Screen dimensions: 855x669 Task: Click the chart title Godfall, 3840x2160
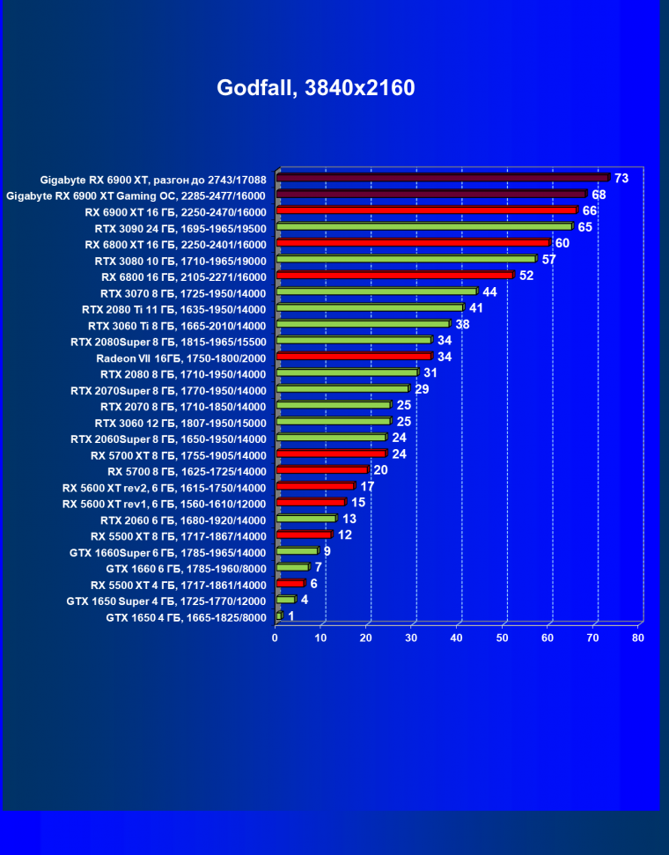pos(315,88)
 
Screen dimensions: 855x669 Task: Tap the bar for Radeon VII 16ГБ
pos(354,357)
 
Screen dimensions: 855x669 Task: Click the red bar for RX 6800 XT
pos(413,243)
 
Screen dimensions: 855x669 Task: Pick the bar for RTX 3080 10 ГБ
pos(406,259)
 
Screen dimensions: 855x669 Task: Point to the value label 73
pos(621,179)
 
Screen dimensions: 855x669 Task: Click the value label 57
pos(549,260)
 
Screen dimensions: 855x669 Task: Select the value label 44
pos(490,291)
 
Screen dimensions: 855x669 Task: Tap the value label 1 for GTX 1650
pos(291,616)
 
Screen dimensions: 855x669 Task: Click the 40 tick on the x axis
pos(457,638)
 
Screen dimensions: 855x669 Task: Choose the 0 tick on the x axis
pos(276,638)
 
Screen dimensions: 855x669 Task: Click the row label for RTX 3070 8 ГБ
pos(183,292)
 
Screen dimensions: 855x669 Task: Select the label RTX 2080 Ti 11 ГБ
pos(173,309)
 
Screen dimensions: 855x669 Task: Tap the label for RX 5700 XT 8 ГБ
pos(178,455)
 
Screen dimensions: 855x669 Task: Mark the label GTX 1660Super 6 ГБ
pos(167,553)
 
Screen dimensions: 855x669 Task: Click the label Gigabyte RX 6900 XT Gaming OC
pos(136,195)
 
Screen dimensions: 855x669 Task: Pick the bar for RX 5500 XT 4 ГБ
pos(290,584)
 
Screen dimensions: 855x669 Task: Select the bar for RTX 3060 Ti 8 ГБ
pos(363,324)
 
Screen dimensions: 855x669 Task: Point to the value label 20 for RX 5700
pos(381,470)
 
